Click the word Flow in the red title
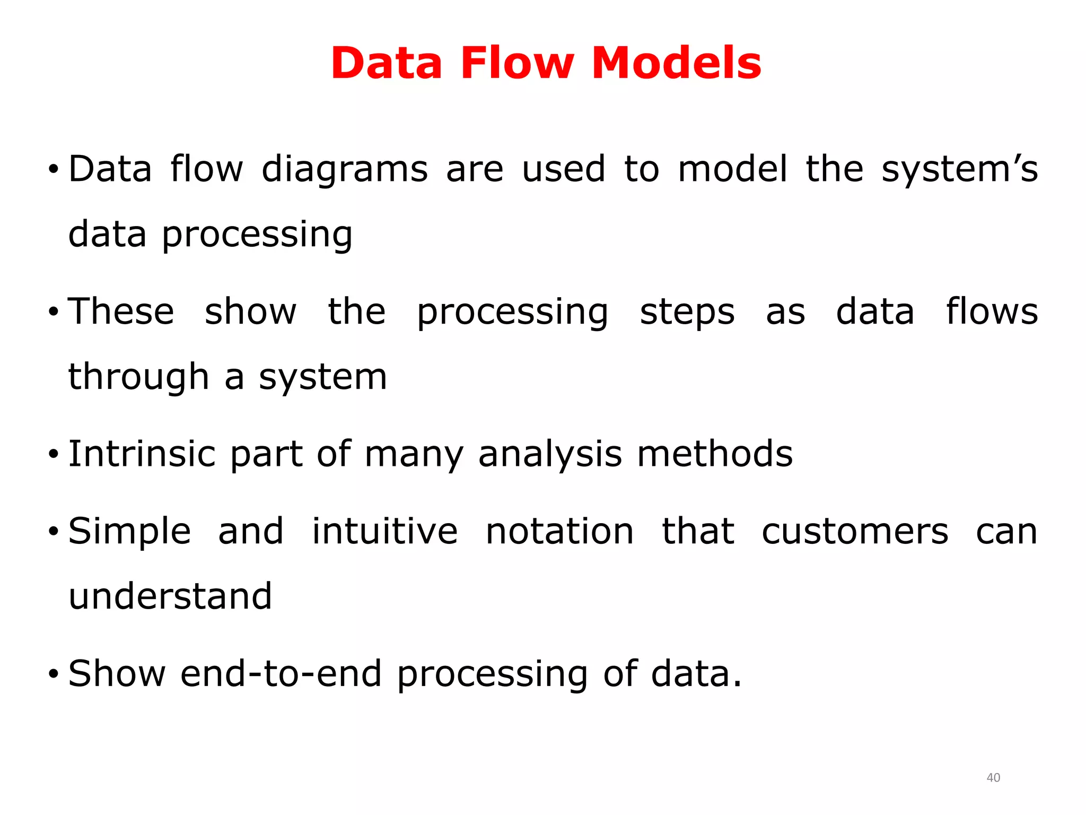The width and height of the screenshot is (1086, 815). (x=517, y=63)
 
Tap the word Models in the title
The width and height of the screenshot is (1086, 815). (x=676, y=63)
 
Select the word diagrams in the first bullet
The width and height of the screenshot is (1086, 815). (x=345, y=169)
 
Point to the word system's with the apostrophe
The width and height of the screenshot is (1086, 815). (x=959, y=169)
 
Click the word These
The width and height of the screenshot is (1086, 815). (x=121, y=311)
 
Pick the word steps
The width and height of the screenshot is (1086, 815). (x=687, y=313)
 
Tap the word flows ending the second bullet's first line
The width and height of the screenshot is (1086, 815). (x=992, y=311)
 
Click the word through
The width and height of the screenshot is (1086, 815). (x=139, y=377)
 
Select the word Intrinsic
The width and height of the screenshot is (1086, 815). (x=142, y=454)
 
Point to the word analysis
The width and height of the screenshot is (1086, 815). (x=550, y=455)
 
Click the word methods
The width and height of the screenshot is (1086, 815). (x=715, y=454)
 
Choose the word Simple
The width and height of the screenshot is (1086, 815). (x=130, y=532)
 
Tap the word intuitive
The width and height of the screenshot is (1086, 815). (x=384, y=531)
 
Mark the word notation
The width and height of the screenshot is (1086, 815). (x=559, y=531)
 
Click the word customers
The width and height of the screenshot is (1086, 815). (x=855, y=531)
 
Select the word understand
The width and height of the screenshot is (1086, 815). (x=170, y=596)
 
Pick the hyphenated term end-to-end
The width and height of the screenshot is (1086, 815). (x=281, y=674)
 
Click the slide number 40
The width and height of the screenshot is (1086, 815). (x=993, y=778)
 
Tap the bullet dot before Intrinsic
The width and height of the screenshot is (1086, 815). (x=53, y=455)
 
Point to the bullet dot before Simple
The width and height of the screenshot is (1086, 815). (x=53, y=532)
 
